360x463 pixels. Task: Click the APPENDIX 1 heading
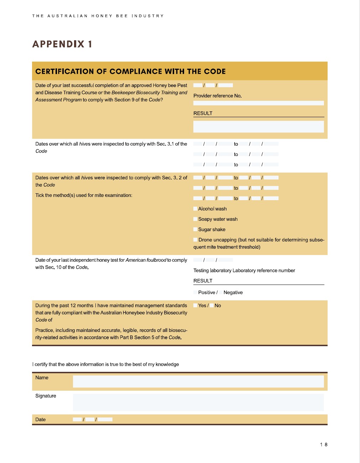(62, 44)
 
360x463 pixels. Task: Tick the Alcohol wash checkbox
(195, 209)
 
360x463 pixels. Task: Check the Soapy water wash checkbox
(195, 219)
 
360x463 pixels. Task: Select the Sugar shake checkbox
(195, 229)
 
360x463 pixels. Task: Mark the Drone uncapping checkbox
(195, 240)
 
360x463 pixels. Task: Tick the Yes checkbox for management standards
(195, 306)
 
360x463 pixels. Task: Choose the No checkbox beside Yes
(212, 306)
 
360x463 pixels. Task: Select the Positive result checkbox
(195, 292)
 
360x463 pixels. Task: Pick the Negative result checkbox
(221, 292)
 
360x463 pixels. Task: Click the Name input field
(198, 381)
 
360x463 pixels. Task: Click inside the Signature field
(198, 402)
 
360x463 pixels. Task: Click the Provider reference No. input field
(259, 103)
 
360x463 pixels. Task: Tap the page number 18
(324, 444)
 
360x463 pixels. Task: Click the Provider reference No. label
(218, 96)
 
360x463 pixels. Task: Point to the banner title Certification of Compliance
(130, 71)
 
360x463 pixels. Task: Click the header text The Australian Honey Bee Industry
(98, 16)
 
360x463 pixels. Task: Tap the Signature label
(46, 396)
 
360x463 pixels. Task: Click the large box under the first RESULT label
(259, 126)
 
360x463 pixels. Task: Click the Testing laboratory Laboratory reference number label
(244, 270)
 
